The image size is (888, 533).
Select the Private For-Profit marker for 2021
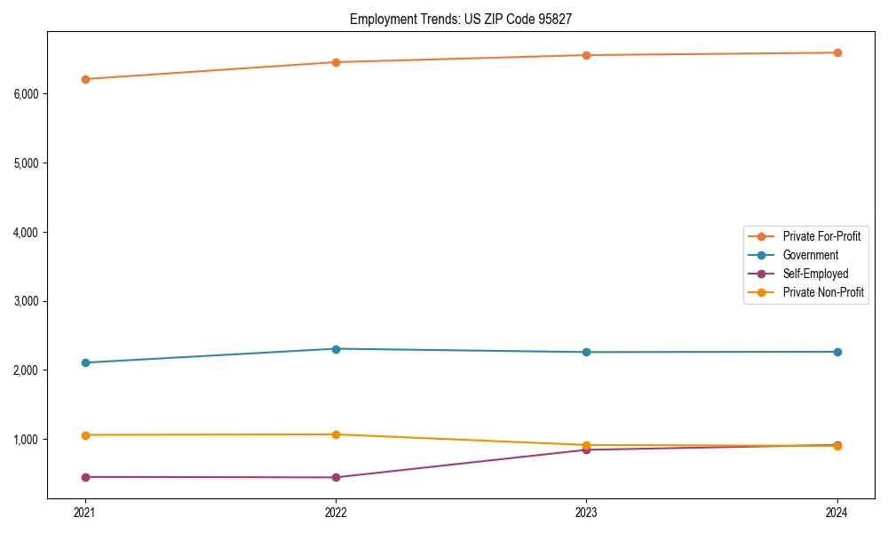coord(85,79)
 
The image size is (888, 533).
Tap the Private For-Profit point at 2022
coord(336,62)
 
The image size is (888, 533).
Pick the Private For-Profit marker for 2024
coord(837,52)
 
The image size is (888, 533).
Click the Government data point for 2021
coord(85,362)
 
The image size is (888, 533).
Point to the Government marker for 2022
coord(336,349)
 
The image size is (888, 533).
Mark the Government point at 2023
coord(586,353)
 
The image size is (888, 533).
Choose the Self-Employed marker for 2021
coord(85,477)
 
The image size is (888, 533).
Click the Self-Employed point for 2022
coord(336,477)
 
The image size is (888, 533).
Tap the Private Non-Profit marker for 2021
coord(85,435)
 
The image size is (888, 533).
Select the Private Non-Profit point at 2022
coord(336,434)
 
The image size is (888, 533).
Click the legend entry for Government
coord(810,255)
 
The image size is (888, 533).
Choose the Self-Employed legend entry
coord(815,274)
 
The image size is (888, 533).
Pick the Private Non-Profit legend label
coord(823,292)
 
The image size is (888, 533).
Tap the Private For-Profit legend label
coord(821,236)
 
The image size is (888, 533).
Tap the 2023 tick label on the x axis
coord(586,513)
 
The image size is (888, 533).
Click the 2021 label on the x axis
coord(85,513)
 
